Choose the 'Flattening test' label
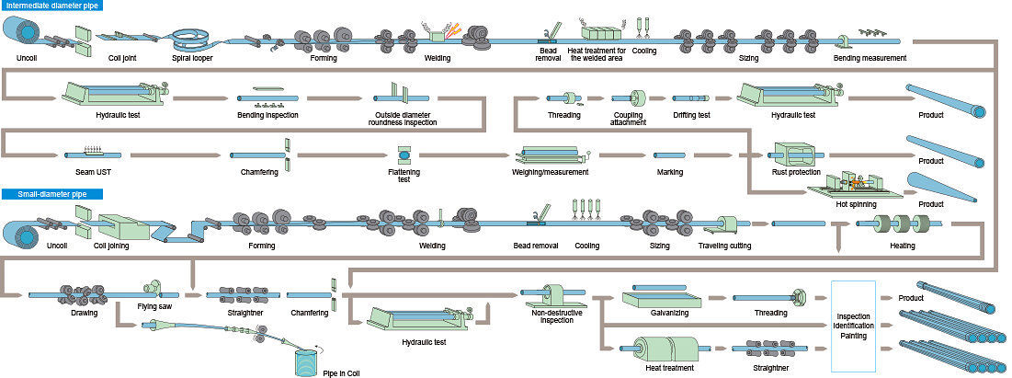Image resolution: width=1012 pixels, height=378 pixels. tap(405, 175)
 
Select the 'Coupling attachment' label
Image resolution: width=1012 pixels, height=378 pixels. tap(628, 119)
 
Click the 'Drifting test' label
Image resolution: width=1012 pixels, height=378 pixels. tap(690, 115)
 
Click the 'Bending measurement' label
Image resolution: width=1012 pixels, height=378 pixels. tap(870, 58)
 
